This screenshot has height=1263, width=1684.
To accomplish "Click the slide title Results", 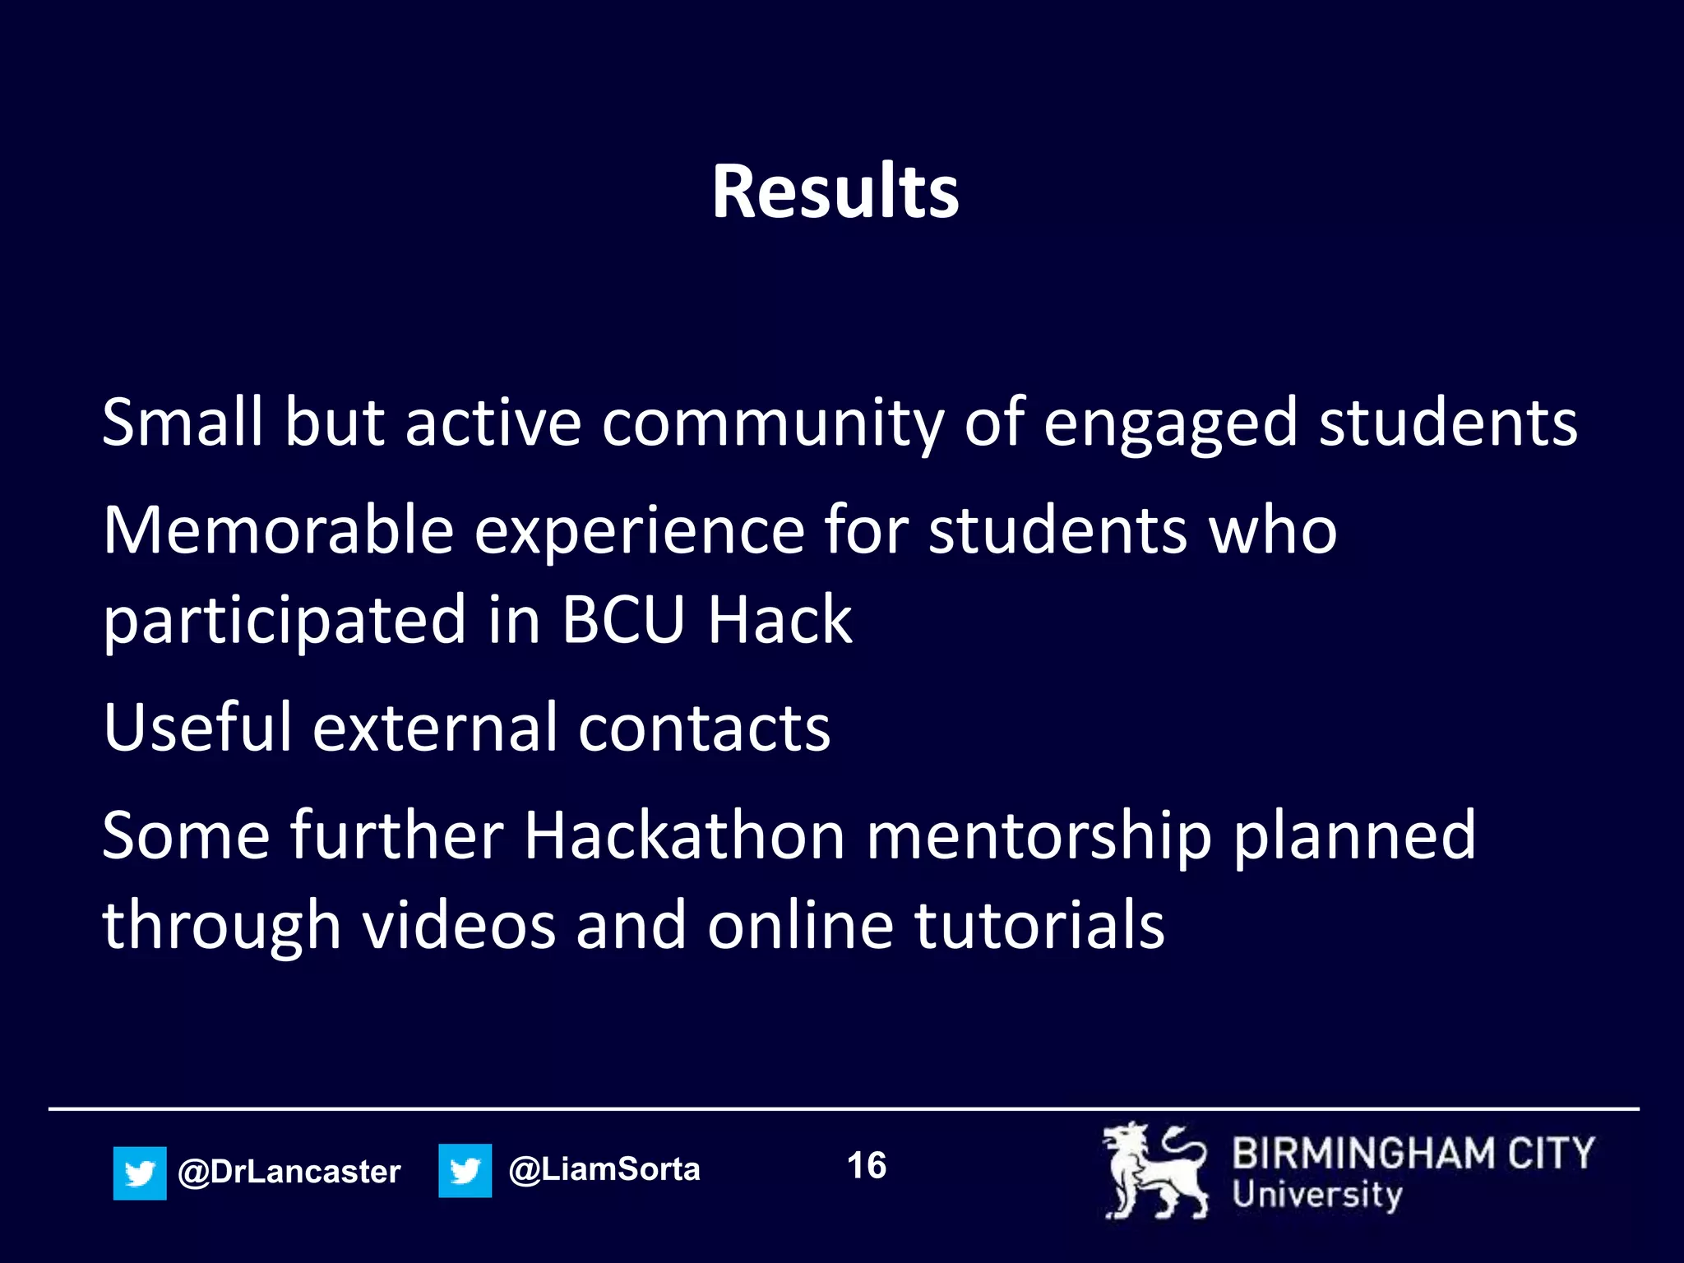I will pyautogui.click(x=835, y=192).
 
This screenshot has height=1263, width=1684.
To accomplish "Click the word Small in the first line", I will pyautogui.click(x=182, y=422).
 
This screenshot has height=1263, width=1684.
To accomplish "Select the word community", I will pyautogui.click(x=772, y=423).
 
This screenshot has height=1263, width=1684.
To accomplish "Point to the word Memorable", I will pyautogui.click(x=278, y=530).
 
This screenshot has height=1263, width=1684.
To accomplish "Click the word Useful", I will pyautogui.click(x=197, y=727).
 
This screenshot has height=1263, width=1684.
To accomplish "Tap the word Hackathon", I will pyautogui.click(x=684, y=835).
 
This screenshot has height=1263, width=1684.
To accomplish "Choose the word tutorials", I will pyautogui.click(x=1039, y=925).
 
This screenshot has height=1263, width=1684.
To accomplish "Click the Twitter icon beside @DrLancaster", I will pyautogui.click(x=140, y=1173).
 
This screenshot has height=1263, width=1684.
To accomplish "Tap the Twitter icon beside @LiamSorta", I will pyautogui.click(x=465, y=1170).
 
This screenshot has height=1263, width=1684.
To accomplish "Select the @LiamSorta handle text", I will pyautogui.click(x=604, y=1169).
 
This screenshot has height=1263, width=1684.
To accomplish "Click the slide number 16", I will pyautogui.click(x=867, y=1165).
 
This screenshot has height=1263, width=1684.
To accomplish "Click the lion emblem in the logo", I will pyautogui.click(x=1155, y=1171).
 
